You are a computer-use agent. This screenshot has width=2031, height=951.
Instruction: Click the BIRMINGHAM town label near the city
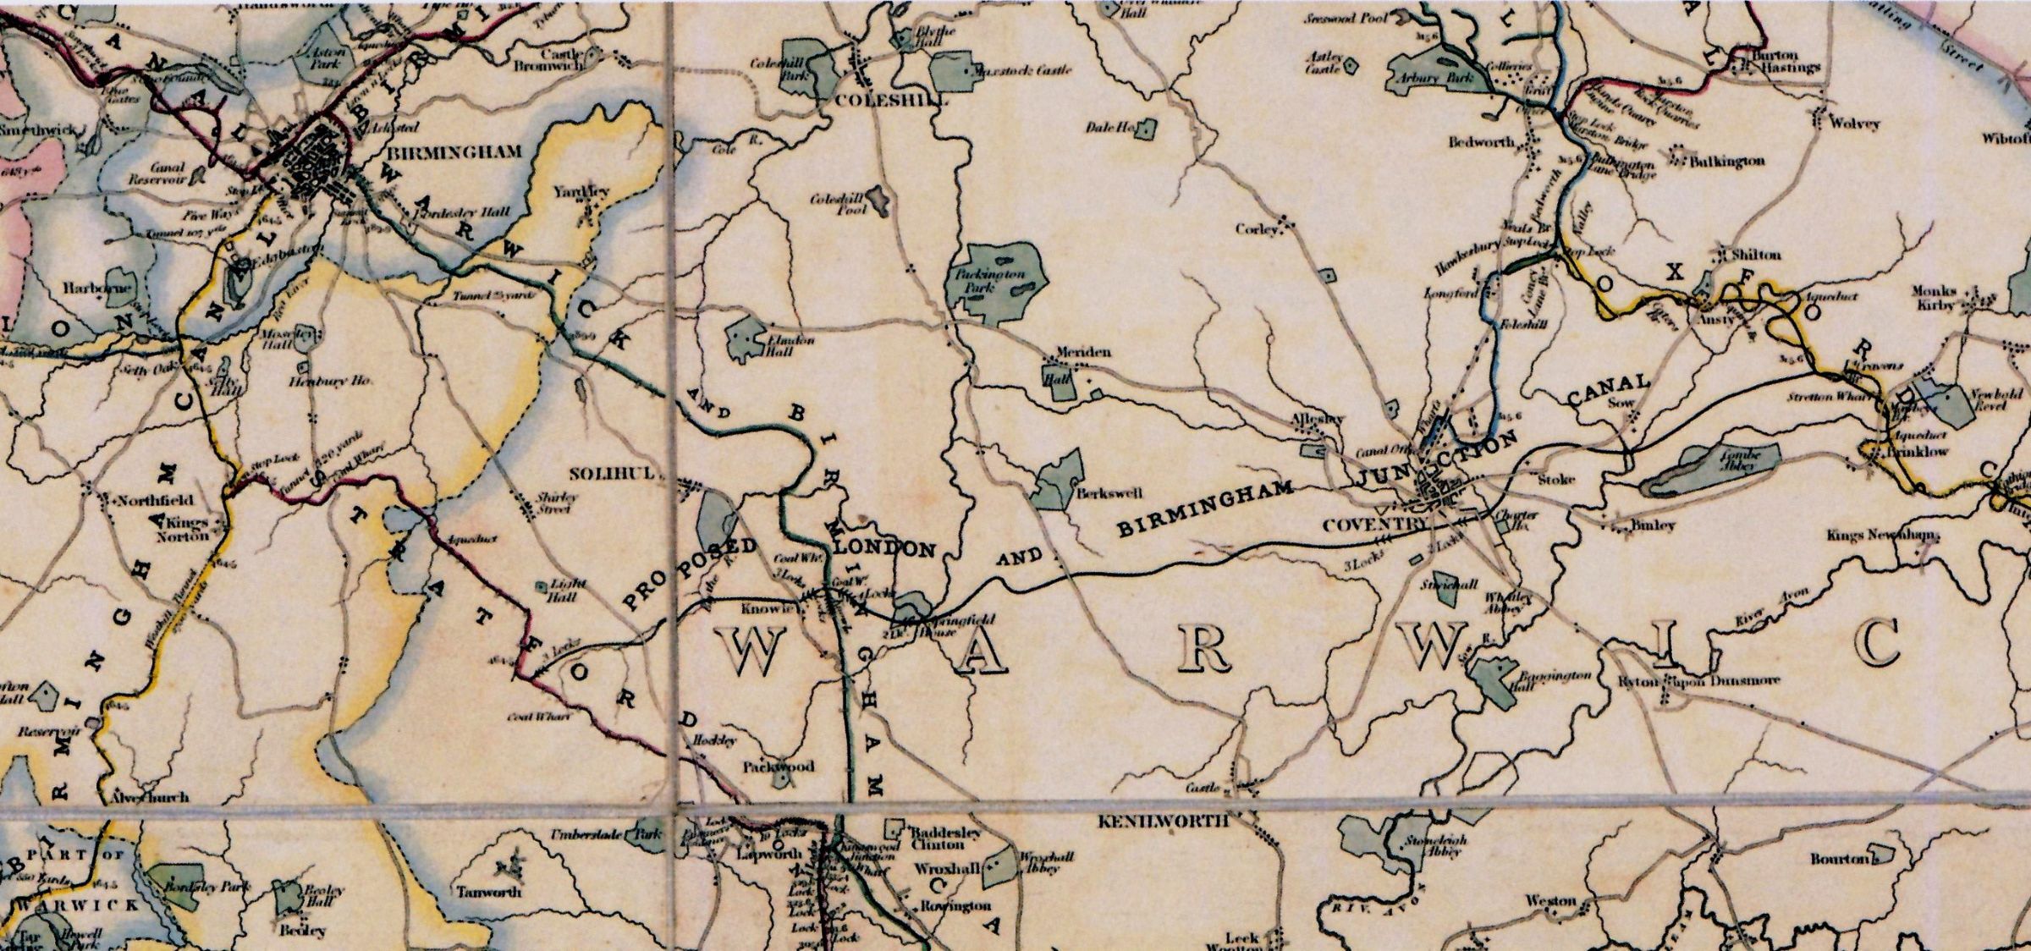454,153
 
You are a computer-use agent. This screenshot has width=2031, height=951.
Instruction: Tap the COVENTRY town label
1373,525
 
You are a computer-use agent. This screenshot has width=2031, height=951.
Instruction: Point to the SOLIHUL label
612,474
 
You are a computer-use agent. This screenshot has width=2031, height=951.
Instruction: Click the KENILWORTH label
1163,821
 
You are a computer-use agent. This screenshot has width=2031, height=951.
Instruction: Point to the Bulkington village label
1726,161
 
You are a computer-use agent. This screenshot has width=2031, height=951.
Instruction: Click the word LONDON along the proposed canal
884,548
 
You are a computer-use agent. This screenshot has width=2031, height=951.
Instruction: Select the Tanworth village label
489,892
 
